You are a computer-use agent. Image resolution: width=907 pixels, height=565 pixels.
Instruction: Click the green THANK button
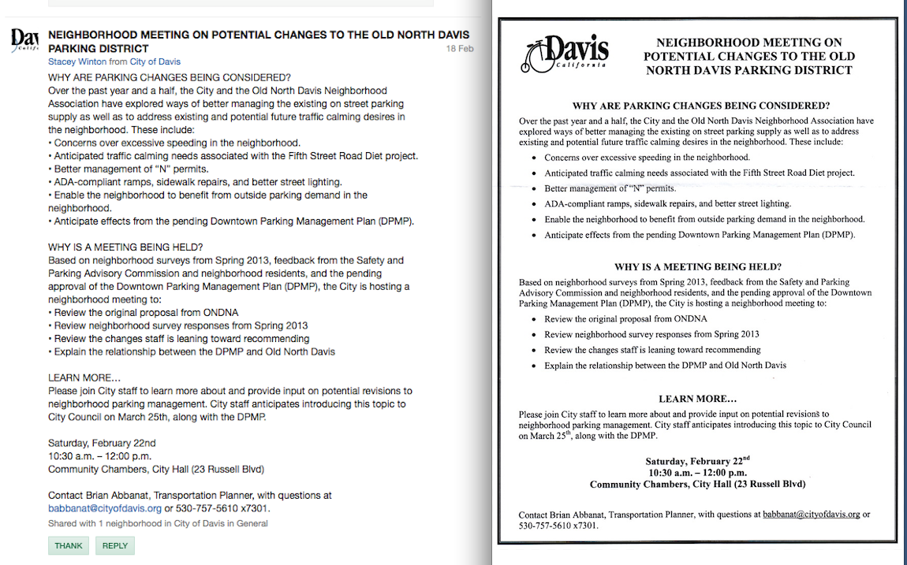point(69,546)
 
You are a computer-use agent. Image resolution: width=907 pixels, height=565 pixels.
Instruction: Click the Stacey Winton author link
point(77,61)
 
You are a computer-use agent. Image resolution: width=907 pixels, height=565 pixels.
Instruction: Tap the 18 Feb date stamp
point(460,49)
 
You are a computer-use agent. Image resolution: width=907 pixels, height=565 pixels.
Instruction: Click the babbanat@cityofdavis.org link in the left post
point(105,508)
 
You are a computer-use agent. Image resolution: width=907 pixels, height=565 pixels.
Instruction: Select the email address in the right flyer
point(812,515)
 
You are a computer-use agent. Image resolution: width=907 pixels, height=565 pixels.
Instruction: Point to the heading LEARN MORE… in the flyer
point(697,399)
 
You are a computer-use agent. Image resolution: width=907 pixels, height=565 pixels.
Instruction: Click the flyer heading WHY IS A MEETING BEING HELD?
point(697,267)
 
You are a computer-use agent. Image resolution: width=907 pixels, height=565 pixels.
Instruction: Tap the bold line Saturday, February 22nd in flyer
point(697,461)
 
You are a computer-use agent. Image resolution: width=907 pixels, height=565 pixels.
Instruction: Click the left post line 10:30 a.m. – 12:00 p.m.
point(99,456)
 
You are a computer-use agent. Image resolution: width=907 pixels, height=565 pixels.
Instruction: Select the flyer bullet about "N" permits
point(610,188)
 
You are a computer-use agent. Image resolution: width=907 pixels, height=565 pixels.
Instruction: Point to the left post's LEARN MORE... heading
point(84,377)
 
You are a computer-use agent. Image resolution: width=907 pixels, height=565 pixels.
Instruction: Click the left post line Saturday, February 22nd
point(102,443)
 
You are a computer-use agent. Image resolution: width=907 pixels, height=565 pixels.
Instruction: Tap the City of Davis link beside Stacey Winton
point(155,61)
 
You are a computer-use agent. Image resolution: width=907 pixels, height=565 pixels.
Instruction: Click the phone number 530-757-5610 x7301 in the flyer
point(558,526)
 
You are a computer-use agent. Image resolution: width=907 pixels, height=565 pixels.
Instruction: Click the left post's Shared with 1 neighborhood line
point(158,523)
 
